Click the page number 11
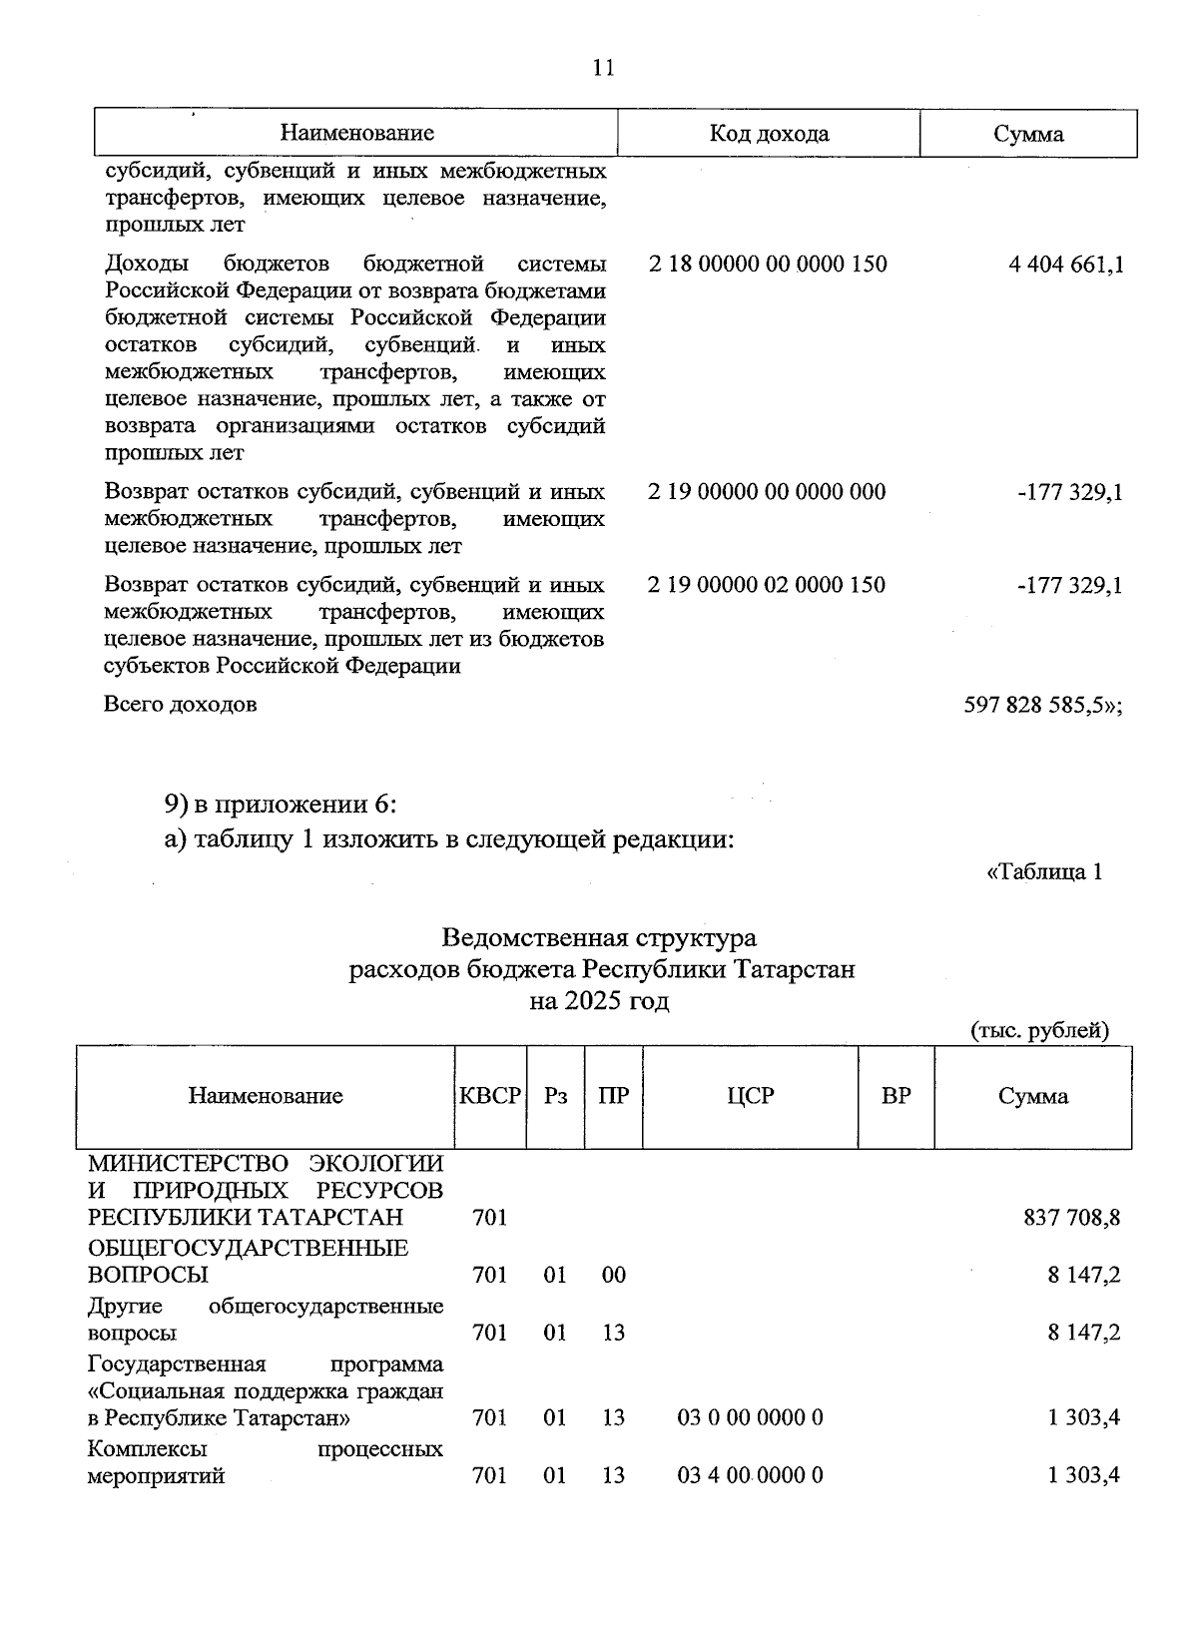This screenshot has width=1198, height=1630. pyautogui.click(x=603, y=68)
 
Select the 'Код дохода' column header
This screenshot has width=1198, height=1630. pyautogui.click(x=768, y=134)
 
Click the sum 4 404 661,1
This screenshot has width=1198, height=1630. pyautogui.click(x=1065, y=265)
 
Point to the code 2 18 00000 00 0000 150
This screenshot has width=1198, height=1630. pyautogui.click(x=767, y=265)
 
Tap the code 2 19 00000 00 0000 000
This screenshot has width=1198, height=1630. pyautogui.click(x=766, y=492)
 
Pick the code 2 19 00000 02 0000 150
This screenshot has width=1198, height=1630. pyautogui.click(x=766, y=585)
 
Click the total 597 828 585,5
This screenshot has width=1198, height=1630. pyautogui.click(x=1042, y=705)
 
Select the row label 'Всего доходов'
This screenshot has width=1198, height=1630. pyautogui.click(x=181, y=705)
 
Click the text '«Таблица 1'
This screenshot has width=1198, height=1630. pyautogui.click(x=1043, y=871)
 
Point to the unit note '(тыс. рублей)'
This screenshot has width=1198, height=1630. pyautogui.click(x=1039, y=1031)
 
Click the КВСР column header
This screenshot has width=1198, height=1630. pyautogui.click(x=489, y=1096)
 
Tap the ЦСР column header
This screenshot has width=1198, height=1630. pyautogui.click(x=750, y=1096)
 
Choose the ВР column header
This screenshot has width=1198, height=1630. pyautogui.click(x=896, y=1096)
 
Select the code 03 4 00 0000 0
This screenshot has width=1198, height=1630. pyautogui.click(x=750, y=1475)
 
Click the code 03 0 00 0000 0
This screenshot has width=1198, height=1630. pyautogui.click(x=750, y=1417)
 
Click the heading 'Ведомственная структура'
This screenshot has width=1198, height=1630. pyautogui.click(x=599, y=938)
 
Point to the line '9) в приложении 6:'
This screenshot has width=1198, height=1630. pyautogui.click(x=281, y=804)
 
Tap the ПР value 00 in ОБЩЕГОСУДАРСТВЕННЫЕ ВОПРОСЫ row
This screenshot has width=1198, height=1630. pyautogui.click(x=613, y=1275)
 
